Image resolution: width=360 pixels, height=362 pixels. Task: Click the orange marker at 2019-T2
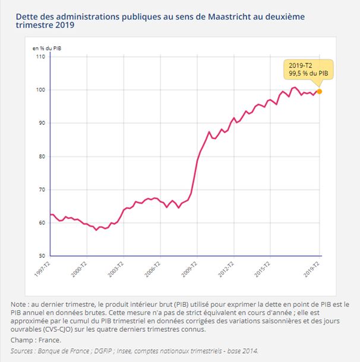320,91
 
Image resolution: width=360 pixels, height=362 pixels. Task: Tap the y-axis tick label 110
40,56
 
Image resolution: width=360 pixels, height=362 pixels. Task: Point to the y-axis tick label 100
40,90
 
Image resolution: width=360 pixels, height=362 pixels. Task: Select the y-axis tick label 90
42,123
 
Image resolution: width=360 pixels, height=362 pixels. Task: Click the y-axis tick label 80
42,157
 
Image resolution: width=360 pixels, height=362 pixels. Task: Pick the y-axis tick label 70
42,190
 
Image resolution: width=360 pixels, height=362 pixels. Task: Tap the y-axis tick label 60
42,223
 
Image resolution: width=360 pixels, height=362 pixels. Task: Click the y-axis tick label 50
42,256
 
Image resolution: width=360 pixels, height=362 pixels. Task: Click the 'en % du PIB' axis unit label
46,46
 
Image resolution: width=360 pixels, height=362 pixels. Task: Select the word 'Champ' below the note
22,339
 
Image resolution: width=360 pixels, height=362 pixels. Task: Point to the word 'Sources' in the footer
24,351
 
